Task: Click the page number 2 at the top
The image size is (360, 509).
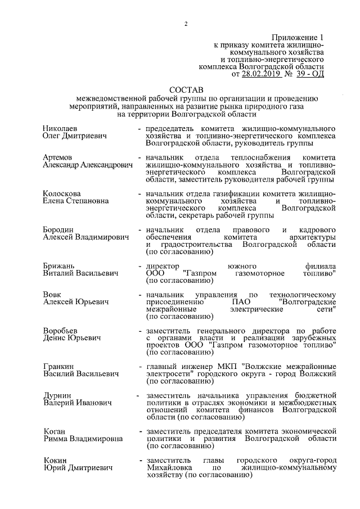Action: [x=185, y=23]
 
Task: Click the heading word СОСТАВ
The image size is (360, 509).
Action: [x=186, y=89]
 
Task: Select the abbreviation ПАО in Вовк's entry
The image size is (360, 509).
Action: [x=240, y=301]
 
